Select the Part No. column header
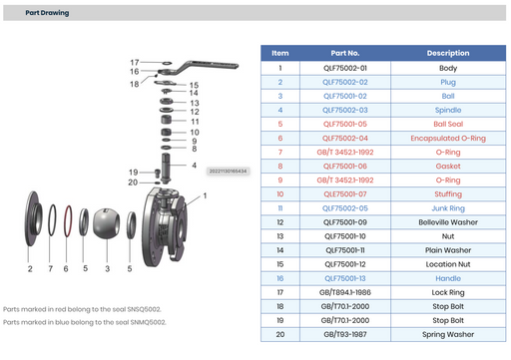click(345, 53)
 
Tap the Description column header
click(447, 53)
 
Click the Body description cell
click(447, 68)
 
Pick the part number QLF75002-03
click(345, 110)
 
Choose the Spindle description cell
click(447, 110)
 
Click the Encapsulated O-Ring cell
click(447, 138)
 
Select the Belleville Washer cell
click(447, 221)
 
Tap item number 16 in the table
click(280, 278)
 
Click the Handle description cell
click(447, 278)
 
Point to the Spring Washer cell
click(447, 334)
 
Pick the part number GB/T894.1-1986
click(345, 292)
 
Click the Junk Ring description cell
click(447, 207)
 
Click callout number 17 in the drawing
click(133, 63)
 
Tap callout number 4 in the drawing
click(194, 165)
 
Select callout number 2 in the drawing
click(31, 269)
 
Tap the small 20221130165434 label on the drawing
click(228, 171)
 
